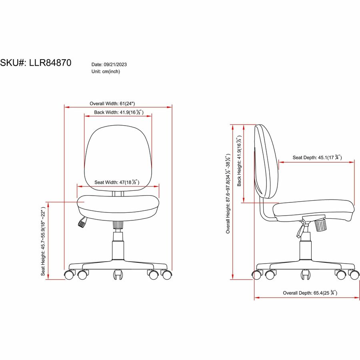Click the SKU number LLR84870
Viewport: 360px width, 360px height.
click(50, 63)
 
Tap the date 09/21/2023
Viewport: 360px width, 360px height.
click(115, 64)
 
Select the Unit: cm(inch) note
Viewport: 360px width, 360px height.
click(106, 72)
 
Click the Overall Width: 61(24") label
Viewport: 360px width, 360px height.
click(112, 104)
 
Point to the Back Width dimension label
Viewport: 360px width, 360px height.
click(119, 112)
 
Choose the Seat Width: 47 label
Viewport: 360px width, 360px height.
click(117, 182)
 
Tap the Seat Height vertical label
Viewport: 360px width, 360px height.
click(43, 241)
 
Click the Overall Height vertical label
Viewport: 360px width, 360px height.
click(228, 193)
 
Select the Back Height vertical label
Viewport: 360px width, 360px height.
click(239, 161)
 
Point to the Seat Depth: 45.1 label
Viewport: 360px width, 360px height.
click(317, 157)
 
